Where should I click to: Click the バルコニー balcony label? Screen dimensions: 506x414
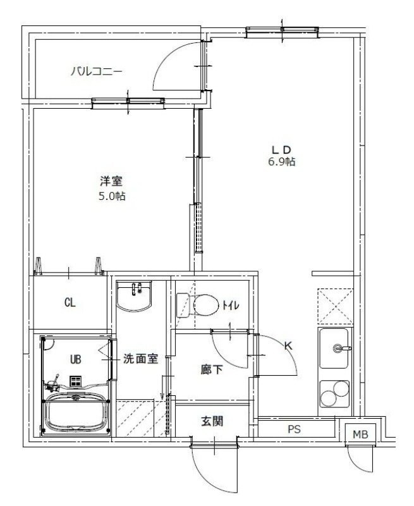96,71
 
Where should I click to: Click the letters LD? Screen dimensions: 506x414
281,149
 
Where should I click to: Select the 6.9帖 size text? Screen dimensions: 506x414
281,162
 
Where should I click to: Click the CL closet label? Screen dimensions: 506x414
70,302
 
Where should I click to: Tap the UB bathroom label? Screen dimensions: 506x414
75,359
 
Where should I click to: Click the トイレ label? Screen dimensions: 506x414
230,306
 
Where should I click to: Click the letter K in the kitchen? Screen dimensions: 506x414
288,345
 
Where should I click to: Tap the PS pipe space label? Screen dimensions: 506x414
294,429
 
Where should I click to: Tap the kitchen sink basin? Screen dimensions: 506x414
335,348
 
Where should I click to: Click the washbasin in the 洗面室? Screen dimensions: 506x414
134,296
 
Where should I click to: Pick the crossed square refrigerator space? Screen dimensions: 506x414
335,305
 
